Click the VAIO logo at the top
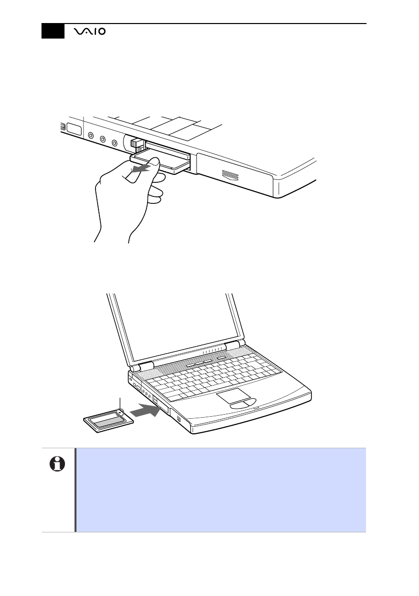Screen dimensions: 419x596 [89, 32]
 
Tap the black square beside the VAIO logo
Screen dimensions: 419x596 [53, 31]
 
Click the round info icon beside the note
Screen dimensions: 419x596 [57, 464]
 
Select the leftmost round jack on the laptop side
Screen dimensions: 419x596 [90, 135]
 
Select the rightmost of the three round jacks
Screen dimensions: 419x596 [114, 143]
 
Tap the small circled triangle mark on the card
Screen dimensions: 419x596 [120, 411]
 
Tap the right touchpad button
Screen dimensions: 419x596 [251, 401]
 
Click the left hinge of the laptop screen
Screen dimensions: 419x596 [141, 367]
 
